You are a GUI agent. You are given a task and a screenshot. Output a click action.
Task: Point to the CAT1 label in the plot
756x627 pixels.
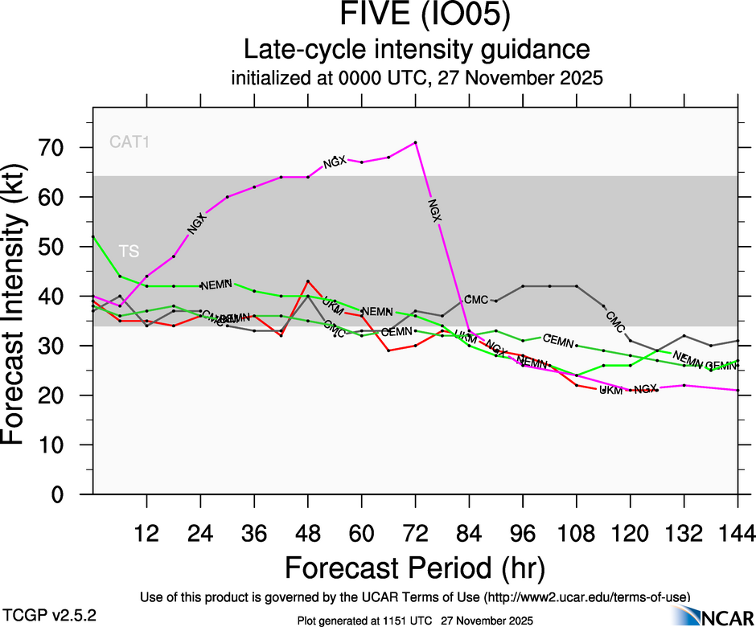tap(130, 143)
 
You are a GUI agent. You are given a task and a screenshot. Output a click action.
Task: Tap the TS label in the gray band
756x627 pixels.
tap(129, 251)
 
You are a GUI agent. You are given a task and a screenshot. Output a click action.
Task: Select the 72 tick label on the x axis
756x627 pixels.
tap(415, 533)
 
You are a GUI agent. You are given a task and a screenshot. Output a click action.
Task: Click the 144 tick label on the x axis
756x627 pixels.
tap(738, 533)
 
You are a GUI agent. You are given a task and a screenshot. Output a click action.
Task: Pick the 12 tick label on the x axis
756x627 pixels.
tap(146, 533)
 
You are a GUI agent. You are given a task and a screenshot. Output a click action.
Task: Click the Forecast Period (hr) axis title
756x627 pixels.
tap(415, 568)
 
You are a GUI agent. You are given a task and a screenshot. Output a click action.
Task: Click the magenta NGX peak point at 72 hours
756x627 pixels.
tap(415, 142)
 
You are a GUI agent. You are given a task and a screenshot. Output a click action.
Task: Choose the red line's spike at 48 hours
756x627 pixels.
tap(308, 281)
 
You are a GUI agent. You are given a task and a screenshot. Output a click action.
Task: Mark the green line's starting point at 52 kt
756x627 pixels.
tap(93, 236)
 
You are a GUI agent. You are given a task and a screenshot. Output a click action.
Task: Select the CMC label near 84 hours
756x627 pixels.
tap(476, 300)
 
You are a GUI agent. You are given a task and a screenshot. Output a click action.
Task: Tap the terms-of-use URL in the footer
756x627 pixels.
tap(586, 596)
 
